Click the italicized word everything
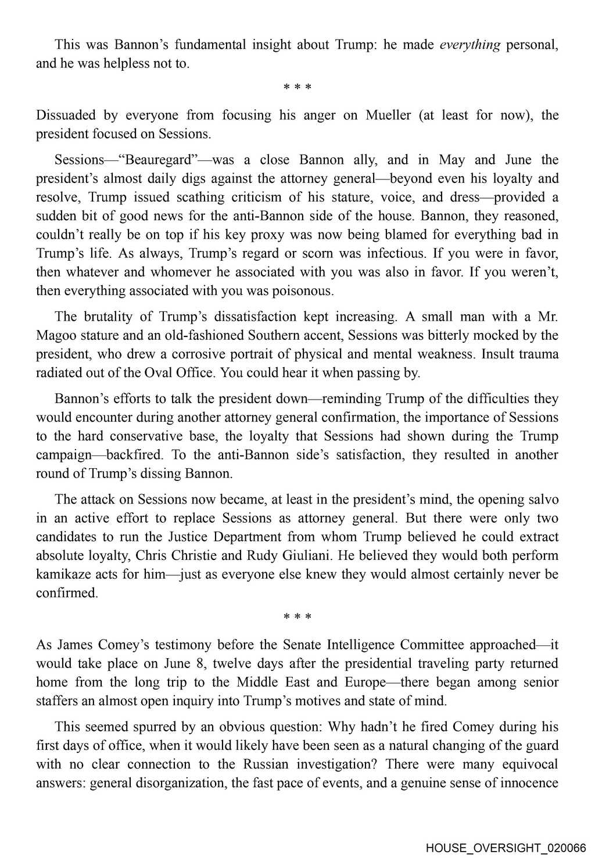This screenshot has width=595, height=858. (x=469, y=45)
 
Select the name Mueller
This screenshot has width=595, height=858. (x=389, y=115)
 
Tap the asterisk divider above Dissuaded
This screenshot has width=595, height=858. (x=297, y=88)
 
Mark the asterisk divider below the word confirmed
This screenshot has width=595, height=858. (x=297, y=616)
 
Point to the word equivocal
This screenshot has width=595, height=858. (x=525, y=764)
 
